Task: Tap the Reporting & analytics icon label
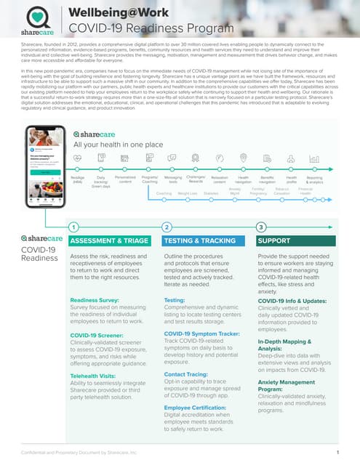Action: click(314, 179)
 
